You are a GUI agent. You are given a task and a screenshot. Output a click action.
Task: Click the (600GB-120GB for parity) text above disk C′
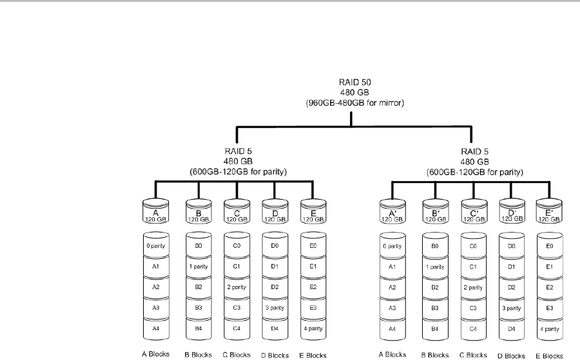tap(472, 172)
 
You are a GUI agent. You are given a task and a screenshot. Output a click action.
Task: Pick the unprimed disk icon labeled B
tap(198, 211)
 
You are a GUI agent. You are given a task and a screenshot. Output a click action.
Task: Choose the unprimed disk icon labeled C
tap(237, 211)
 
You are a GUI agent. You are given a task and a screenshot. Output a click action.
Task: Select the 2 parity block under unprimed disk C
tap(237, 286)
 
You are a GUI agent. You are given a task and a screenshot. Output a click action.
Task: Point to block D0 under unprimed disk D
tap(275, 246)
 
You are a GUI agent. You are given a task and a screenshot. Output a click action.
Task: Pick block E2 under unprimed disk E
tap(313, 286)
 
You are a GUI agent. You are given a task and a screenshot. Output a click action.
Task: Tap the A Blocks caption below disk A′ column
tap(392, 354)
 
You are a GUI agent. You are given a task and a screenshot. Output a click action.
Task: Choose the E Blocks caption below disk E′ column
tap(550, 354)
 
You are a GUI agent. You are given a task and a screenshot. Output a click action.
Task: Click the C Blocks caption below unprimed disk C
tap(237, 354)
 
